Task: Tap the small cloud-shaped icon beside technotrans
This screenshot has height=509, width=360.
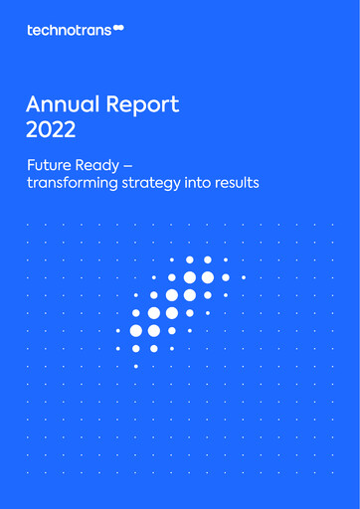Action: (118, 29)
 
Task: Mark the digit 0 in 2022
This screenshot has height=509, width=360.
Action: (43, 128)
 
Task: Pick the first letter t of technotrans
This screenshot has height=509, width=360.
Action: (30, 30)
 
